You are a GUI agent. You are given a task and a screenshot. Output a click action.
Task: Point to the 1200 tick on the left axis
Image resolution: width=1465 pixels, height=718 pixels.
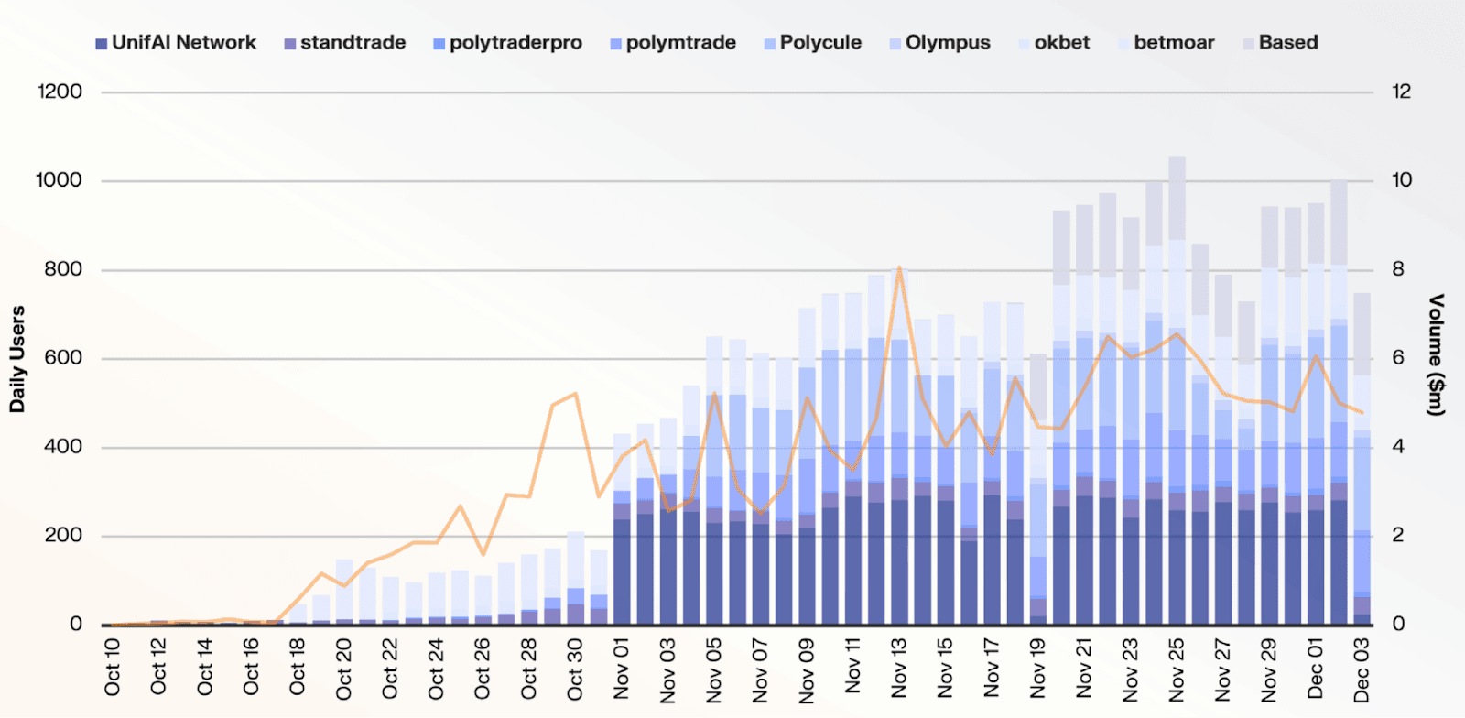point(60,92)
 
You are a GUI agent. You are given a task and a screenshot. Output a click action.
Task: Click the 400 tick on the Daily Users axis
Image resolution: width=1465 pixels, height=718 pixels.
point(63,447)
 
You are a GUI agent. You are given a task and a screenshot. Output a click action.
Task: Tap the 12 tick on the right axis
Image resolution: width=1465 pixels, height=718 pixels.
point(1401,92)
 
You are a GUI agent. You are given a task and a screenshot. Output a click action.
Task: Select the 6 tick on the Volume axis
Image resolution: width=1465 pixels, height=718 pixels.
point(1398,358)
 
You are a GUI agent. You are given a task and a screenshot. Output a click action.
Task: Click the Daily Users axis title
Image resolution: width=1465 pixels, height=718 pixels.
point(17,359)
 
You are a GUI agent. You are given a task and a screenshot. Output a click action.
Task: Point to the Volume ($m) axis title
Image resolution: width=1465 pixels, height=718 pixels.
point(1437,355)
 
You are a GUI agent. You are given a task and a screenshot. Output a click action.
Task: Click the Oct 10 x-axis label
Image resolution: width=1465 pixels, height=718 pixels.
point(112,667)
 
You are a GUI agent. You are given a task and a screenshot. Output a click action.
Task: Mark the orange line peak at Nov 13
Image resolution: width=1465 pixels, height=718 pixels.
point(899,267)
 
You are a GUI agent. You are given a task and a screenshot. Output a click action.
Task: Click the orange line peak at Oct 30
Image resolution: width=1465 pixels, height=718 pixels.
point(575,394)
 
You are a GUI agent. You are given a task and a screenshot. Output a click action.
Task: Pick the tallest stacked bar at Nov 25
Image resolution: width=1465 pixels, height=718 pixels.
point(1177,394)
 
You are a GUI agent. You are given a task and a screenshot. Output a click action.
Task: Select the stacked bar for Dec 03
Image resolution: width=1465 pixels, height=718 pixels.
point(1362,458)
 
